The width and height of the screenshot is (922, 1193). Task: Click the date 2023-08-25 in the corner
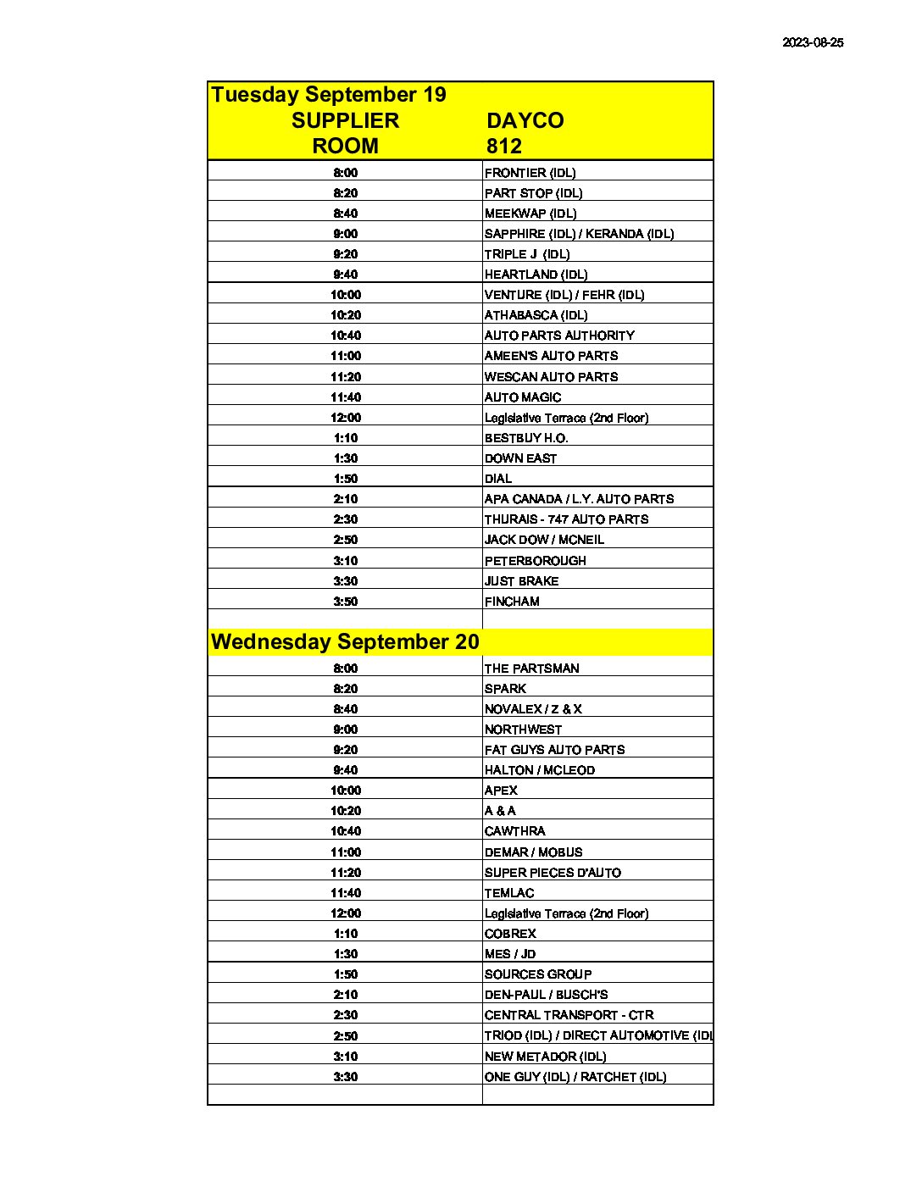[812, 42]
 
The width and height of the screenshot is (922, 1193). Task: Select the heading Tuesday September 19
[329, 95]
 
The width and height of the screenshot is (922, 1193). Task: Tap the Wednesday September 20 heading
[345, 642]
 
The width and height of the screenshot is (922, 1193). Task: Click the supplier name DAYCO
[525, 120]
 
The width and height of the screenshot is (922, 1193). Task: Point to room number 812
[504, 146]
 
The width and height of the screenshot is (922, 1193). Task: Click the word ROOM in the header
[345, 146]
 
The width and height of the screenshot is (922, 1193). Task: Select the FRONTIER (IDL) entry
[530, 173]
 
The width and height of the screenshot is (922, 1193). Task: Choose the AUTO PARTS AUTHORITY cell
[559, 336]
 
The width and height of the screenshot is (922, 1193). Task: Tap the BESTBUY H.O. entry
[526, 438]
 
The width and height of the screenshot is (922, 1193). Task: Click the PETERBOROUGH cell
[535, 561]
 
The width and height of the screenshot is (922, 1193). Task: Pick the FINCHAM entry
[512, 602]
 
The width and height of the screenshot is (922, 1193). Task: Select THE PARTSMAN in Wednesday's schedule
[531, 669]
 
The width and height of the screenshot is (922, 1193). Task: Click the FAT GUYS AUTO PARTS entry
[554, 750]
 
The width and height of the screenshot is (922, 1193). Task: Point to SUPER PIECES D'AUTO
[553, 873]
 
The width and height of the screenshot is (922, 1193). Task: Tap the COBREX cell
[510, 934]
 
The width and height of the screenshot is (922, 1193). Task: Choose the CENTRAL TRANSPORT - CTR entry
[569, 1015]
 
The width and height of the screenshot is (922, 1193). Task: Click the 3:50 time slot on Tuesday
[345, 602]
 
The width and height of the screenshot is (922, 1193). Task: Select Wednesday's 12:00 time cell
[345, 913]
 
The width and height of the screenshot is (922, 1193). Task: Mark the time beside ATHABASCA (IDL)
[345, 315]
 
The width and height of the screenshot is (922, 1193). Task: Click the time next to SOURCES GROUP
[345, 974]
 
